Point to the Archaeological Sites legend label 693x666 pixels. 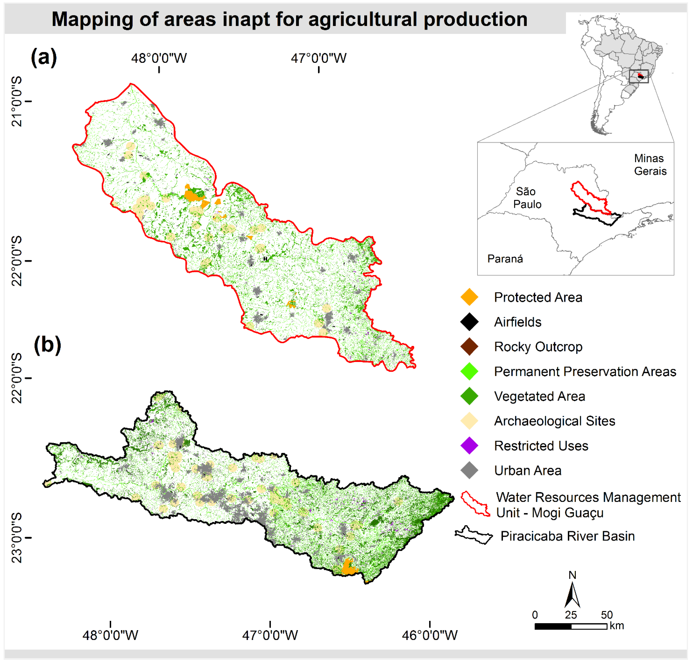click(x=554, y=421)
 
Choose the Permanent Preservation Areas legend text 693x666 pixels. click(x=585, y=371)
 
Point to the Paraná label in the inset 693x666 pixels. click(x=505, y=259)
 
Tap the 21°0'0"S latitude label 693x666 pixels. click(x=17, y=101)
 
